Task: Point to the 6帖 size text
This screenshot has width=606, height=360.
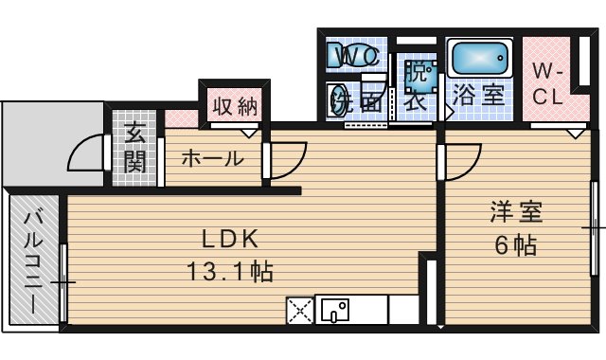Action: tap(514, 246)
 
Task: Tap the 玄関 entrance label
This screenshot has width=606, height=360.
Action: tap(134, 148)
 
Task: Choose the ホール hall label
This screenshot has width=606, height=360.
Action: tap(211, 158)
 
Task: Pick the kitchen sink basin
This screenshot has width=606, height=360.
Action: tap(334, 309)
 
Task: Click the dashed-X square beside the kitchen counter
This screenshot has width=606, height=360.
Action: tap(299, 310)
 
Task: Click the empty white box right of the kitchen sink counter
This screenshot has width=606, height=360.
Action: tap(402, 309)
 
